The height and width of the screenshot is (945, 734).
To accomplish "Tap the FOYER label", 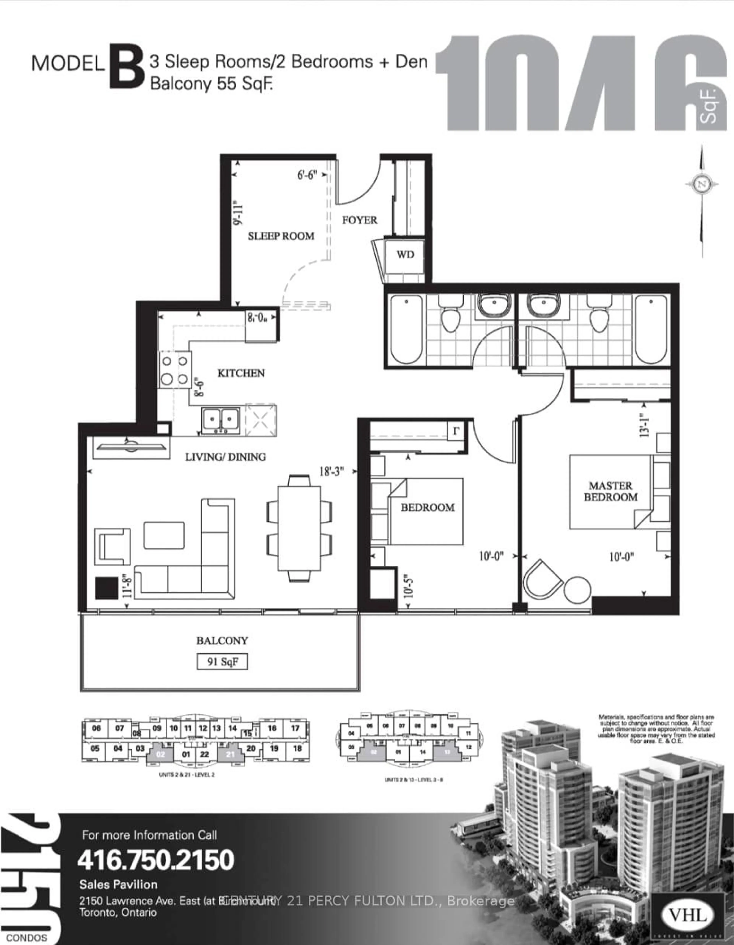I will point(359,220).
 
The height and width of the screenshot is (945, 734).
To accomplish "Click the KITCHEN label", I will point(241,373).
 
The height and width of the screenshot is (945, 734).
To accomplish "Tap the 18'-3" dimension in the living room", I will point(331,471).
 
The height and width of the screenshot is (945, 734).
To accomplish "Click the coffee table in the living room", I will point(164,535).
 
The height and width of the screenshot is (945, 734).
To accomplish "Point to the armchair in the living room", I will point(112,547).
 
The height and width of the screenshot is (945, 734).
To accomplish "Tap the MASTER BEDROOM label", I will point(610,492).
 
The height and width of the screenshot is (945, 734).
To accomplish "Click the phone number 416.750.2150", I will point(156,860).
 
